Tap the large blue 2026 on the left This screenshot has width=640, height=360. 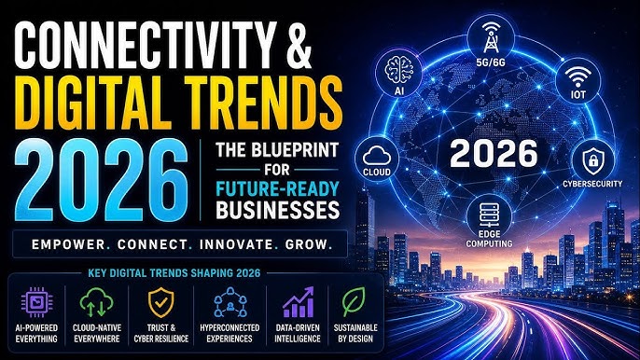click(102, 180)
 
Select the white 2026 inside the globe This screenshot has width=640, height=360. click(494, 154)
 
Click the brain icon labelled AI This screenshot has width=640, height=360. click(398, 70)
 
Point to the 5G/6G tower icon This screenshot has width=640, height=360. click(491, 37)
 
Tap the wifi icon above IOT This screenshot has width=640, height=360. click(578, 76)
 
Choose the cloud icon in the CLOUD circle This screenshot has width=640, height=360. click(376, 157)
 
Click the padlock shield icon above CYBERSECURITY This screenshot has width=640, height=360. click(593, 160)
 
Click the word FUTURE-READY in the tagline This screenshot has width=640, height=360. click(278, 189)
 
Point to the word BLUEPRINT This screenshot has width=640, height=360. click(295, 150)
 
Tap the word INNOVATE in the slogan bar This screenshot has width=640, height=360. click(236, 245)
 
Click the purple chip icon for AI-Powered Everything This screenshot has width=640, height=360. click(36, 302)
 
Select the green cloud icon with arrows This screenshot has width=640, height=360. click(96, 302)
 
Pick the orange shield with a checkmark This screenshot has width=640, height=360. click(160, 302)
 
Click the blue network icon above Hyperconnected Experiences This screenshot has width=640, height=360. click(230, 302)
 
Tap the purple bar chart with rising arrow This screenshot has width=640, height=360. click(299, 302)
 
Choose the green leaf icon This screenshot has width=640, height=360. click(354, 302)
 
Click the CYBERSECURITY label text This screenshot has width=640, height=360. click(592, 184)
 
